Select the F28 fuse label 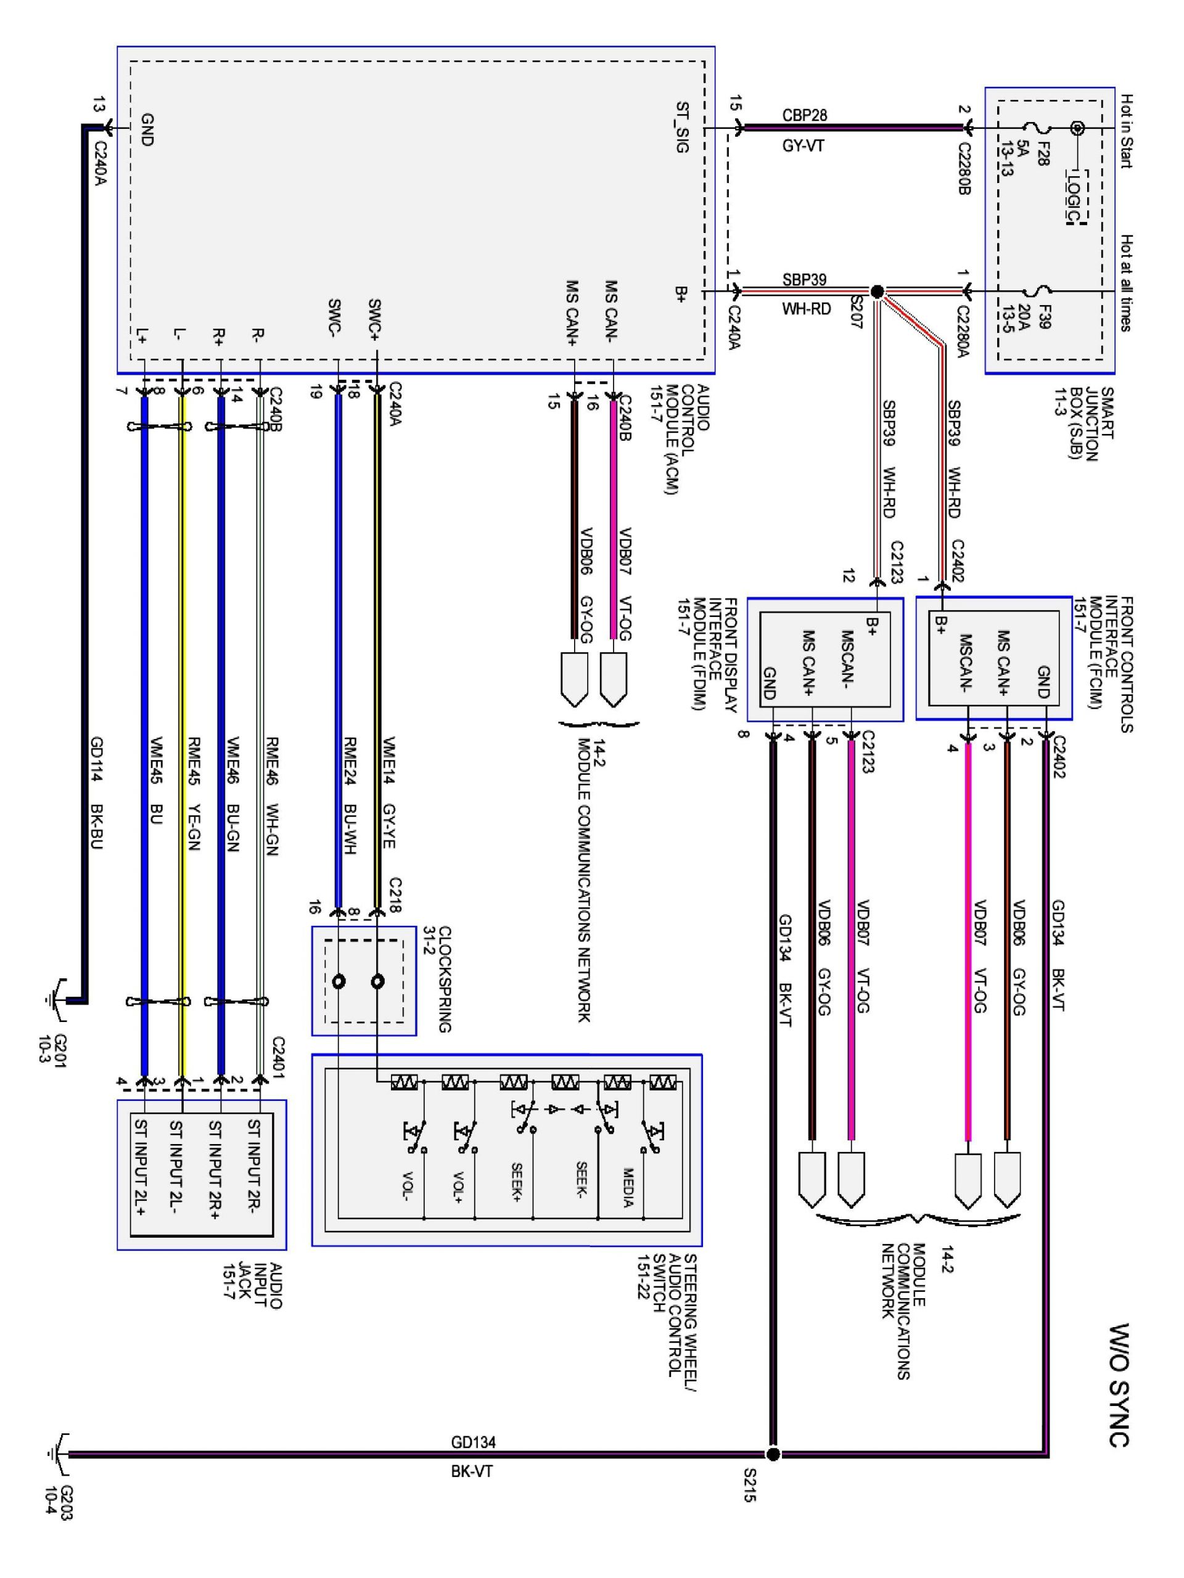coord(1043,153)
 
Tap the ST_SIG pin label coord(682,128)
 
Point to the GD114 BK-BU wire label coord(97,792)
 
